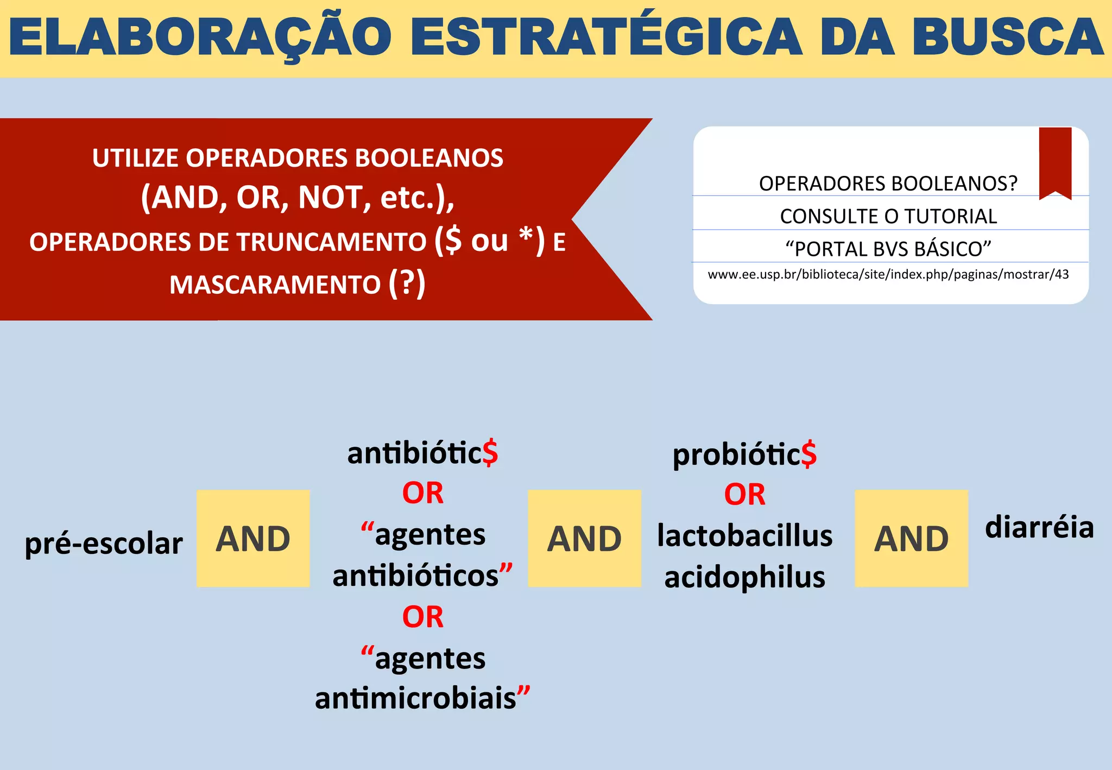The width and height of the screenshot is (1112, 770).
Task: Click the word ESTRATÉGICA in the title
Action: tap(606, 37)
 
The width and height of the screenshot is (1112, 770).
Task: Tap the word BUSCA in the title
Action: tap(1008, 37)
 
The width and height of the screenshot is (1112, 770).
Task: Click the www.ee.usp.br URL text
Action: tap(888, 275)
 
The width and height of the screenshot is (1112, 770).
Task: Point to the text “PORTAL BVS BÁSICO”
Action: tap(888, 249)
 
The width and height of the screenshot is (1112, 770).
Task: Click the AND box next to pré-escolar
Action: tap(253, 538)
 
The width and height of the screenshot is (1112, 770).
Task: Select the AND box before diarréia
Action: tap(911, 538)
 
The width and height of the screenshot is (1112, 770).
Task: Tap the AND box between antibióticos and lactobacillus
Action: tap(584, 538)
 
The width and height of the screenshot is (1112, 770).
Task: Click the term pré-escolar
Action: tap(104, 544)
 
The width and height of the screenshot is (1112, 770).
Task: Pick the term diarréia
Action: tap(1039, 527)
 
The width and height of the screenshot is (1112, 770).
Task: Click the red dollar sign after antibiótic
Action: tap(490, 453)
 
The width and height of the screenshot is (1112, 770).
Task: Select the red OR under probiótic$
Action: tap(744, 495)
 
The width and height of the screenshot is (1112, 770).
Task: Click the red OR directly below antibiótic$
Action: tap(422, 493)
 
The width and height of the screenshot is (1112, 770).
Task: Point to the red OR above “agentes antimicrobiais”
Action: tap(422, 617)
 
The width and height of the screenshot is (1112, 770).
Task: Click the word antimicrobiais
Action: tap(416, 698)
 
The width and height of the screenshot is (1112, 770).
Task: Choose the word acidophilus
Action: tap(744, 577)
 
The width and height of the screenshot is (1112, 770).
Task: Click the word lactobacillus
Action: tap(744, 535)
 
